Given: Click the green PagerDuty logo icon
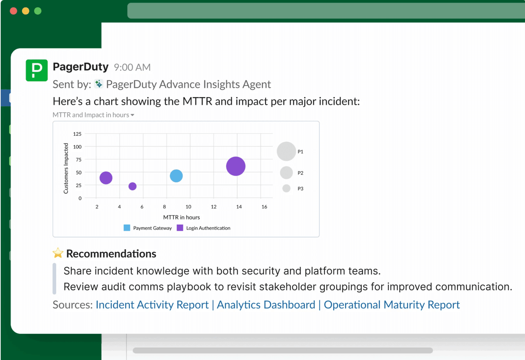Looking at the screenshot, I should [37, 70].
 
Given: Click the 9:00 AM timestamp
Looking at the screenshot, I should [132, 68].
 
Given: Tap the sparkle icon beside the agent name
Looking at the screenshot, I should [99, 84].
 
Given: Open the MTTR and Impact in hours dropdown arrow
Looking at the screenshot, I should [133, 115].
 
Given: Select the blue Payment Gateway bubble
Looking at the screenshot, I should [176, 176].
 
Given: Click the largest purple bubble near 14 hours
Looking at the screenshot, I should [236, 166].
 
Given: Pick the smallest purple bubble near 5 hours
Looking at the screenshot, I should [133, 186].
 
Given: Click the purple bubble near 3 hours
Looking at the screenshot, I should [106, 178].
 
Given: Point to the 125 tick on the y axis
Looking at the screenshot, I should [77, 134].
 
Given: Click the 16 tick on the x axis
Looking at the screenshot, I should [264, 207].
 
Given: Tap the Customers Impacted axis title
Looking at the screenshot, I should [66, 168].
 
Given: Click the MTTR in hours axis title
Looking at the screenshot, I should [181, 217].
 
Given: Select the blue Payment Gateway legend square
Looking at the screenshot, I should [127, 228].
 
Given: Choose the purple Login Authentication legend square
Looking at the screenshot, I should [180, 228].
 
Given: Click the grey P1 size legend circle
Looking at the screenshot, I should [286, 152].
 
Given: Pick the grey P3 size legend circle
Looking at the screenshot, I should [286, 188].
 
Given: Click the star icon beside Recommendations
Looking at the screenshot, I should [58, 253].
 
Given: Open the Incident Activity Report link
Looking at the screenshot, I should [152, 305].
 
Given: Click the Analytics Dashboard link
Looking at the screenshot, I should [266, 305].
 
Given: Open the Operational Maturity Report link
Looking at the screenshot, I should [392, 305].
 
